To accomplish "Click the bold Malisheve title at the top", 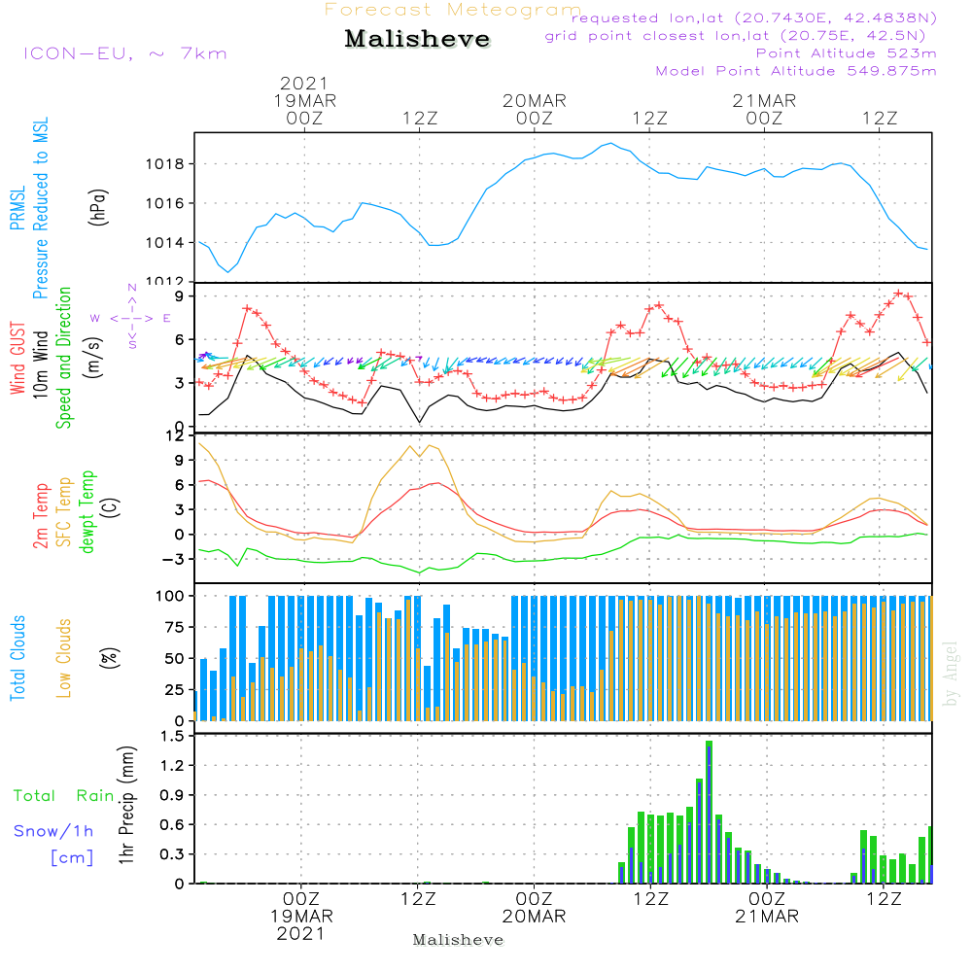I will point(418,40).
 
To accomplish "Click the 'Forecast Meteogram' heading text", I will point(453,11).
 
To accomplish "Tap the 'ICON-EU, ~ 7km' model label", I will point(124,53).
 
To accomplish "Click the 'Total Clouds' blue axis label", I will point(17,658).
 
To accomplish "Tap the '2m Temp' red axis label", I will point(41,512).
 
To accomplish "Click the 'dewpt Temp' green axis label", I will point(87,512).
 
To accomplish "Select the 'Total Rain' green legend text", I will point(64,795).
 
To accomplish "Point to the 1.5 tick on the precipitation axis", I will point(172,736).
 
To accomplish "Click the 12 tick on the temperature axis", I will point(175,434).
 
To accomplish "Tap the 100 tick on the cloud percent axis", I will point(171,595).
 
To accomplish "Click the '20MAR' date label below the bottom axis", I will point(534,917).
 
